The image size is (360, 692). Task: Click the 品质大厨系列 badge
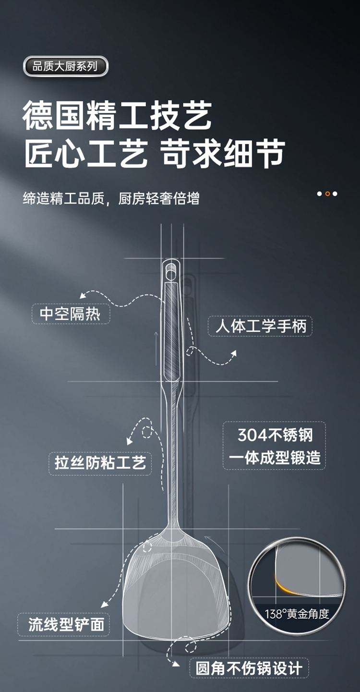pos(65,66)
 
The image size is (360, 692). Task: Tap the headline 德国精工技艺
pos(117,116)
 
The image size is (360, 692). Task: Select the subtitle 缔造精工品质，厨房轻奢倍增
pos(111,198)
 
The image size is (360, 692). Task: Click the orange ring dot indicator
pos(327,194)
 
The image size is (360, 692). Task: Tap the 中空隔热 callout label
pos(71,314)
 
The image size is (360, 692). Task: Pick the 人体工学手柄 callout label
pos(260,326)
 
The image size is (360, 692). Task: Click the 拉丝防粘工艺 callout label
pos(100,463)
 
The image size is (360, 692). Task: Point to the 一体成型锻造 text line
pos(275,457)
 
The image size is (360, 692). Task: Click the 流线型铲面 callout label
pos(64,624)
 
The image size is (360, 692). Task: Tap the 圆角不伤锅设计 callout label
pos(249,668)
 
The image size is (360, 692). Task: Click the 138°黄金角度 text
pos(297,613)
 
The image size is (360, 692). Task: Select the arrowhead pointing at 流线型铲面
pos(105,604)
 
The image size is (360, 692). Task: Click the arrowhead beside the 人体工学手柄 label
pos(234,353)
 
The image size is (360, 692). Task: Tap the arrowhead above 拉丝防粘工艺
pos(130,441)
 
